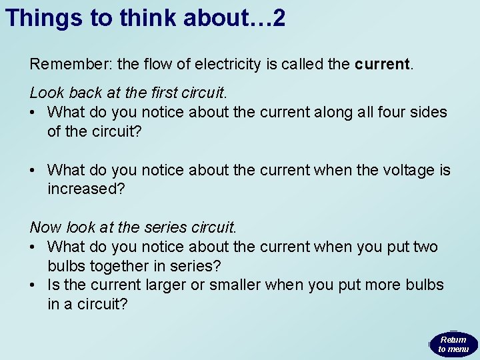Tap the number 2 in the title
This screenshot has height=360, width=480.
(279, 18)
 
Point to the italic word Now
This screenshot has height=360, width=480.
(45, 228)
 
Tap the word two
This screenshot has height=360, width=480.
(425, 247)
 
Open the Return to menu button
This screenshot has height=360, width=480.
(453, 344)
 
